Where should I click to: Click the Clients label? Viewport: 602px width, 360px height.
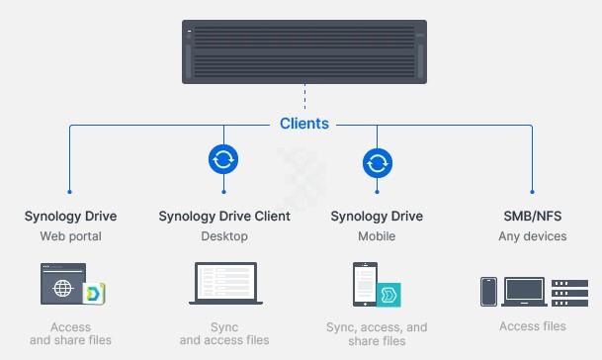(304, 125)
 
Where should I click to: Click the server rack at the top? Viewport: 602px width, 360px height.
(304, 51)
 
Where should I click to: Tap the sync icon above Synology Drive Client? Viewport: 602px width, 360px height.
(223, 159)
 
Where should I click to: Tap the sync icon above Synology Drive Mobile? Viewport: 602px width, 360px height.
(377, 161)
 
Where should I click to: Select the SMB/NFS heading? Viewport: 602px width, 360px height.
(533, 216)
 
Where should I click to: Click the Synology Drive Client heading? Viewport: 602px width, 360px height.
(223, 216)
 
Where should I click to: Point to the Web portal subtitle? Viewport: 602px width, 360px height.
(70, 236)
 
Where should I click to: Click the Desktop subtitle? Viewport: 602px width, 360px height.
(223, 236)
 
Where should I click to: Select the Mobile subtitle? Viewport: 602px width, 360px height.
(377, 236)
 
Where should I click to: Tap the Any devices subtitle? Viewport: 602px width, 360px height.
(533, 236)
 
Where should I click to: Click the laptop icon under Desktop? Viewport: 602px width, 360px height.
(223, 283)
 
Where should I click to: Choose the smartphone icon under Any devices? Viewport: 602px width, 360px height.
(487, 291)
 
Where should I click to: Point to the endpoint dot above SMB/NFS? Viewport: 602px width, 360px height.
(533, 192)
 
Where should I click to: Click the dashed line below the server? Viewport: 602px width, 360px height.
(304, 99)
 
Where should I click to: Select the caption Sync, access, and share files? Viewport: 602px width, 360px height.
(377, 334)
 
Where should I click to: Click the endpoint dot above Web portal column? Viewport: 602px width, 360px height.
(70, 192)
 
